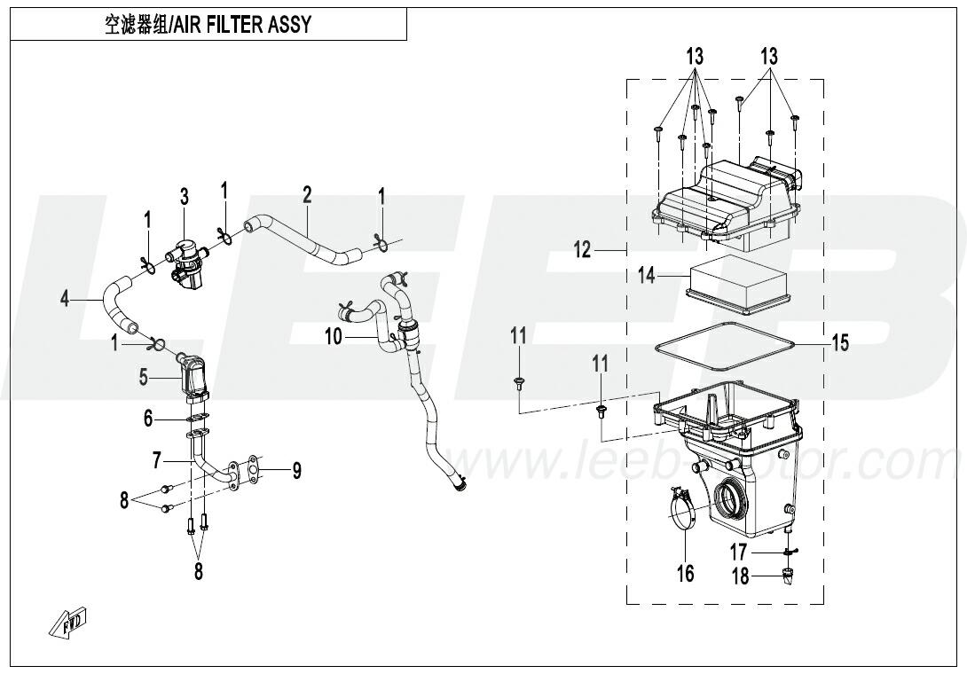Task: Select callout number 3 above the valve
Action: (x=185, y=197)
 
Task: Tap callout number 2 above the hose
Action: (x=307, y=194)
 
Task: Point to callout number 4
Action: (x=65, y=299)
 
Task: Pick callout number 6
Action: (x=149, y=418)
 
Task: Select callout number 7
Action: (x=156, y=459)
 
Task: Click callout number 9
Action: (x=296, y=470)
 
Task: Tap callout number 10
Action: (x=333, y=336)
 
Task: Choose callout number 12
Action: (x=581, y=250)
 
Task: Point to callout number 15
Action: (x=839, y=341)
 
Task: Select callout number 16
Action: (x=686, y=572)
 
